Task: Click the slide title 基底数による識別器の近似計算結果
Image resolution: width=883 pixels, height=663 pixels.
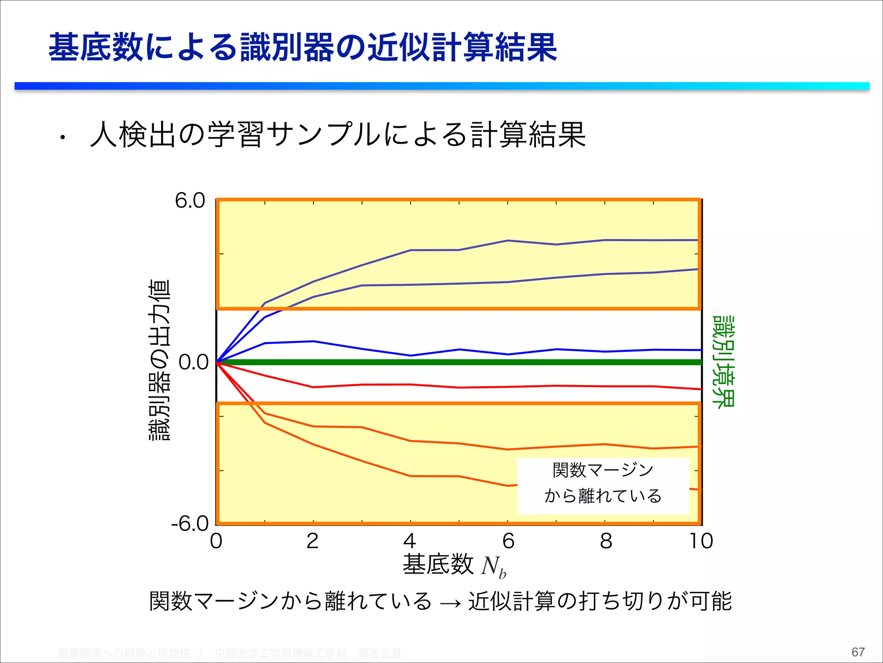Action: [x=303, y=47]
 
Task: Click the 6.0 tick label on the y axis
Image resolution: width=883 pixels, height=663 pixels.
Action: [x=190, y=201]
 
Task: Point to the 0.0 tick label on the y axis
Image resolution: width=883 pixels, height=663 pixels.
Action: [x=194, y=363]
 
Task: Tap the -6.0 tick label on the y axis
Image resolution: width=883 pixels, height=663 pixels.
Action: [x=190, y=524]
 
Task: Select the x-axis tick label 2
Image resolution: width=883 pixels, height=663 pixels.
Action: [x=313, y=541]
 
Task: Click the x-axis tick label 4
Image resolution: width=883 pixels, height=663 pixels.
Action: [x=410, y=541]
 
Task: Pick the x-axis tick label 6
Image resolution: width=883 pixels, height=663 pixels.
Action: [x=508, y=541]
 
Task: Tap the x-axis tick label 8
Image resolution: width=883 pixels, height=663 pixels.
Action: [x=606, y=541]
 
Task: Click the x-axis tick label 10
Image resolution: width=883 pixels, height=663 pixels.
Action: [x=701, y=541]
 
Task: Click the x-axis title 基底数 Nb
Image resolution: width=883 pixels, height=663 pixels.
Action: [x=454, y=565]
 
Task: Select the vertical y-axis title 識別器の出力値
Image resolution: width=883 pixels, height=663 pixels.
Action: [x=160, y=360]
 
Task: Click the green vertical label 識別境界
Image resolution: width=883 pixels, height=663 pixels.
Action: [x=723, y=362]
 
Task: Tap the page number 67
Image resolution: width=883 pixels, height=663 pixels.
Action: [x=858, y=652]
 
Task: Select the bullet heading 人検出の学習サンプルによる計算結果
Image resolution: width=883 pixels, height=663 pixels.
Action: [x=338, y=135]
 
